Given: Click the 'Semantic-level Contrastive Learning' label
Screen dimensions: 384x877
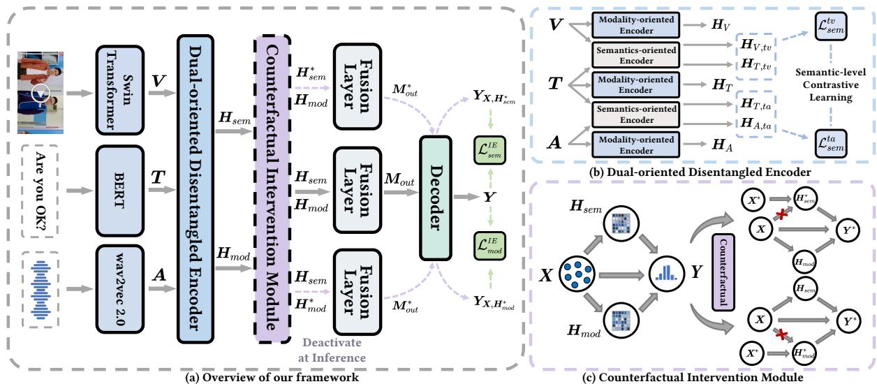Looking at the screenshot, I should pyautogui.click(x=830, y=85).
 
